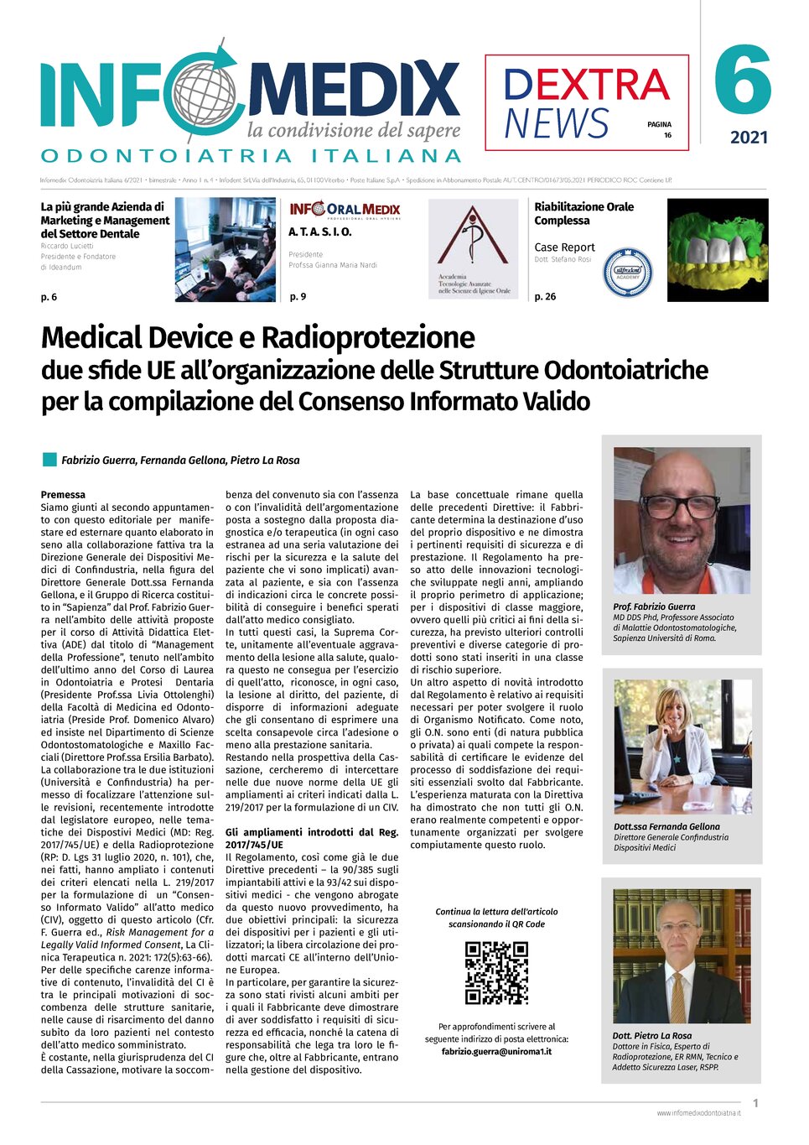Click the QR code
(x=496, y=973)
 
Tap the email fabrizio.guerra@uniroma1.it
(x=496, y=1052)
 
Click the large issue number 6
(x=743, y=81)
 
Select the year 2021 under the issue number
(x=749, y=138)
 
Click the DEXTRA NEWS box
(x=586, y=102)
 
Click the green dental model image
(x=718, y=250)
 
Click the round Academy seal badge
(x=628, y=272)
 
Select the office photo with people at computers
(x=225, y=250)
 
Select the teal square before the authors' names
(x=49, y=460)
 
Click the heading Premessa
(x=63, y=495)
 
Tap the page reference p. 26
(x=545, y=297)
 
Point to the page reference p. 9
(x=298, y=297)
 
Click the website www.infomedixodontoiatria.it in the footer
(x=698, y=1113)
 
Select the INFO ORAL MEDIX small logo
(x=345, y=210)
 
